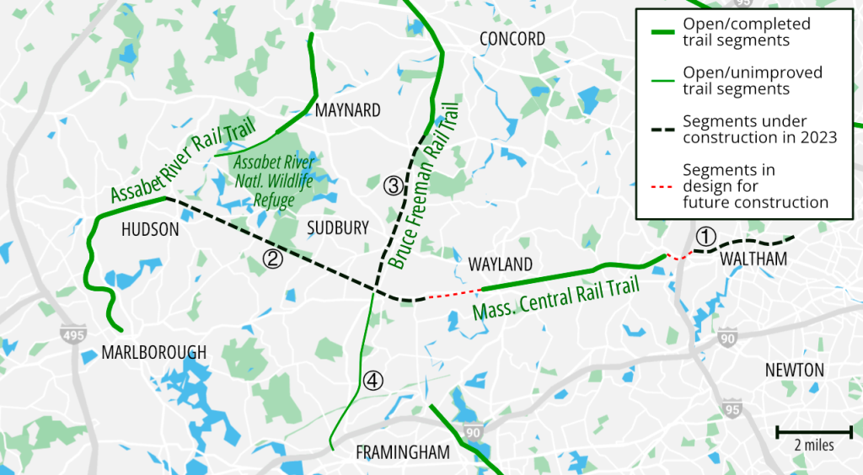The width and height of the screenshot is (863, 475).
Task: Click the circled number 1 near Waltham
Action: pyautogui.click(x=706, y=236)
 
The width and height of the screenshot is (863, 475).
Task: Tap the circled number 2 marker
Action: pyautogui.click(x=272, y=259)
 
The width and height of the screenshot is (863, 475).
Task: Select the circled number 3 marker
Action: pyautogui.click(x=391, y=186)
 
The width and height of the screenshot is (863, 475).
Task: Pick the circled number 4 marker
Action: pyautogui.click(x=373, y=381)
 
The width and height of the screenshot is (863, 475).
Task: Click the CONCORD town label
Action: pyautogui.click(x=512, y=39)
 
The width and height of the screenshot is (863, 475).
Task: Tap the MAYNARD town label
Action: pyautogui.click(x=347, y=110)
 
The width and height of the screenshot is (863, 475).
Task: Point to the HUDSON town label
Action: pyautogui.click(x=151, y=229)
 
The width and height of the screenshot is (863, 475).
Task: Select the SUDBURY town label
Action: pyautogui.click(x=338, y=228)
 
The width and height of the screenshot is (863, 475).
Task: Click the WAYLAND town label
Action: pyautogui.click(x=501, y=264)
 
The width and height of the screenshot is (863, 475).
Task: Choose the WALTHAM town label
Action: pyautogui.click(x=753, y=259)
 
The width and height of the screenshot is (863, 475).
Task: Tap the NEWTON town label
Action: pyautogui.click(x=794, y=370)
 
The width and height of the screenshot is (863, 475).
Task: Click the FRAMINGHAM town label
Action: pyautogui.click(x=403, y=452)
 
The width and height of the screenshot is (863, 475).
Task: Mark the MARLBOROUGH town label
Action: pyautogui.click(x=153, y=352)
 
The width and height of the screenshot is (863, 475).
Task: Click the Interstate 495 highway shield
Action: pyautogui.click(x=73, y=335)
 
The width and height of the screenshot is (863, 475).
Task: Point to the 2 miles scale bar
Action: pyautogui.click(x=813, y=432)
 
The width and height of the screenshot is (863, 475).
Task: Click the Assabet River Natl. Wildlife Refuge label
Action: pyautogui.click(x=276, y=181)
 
